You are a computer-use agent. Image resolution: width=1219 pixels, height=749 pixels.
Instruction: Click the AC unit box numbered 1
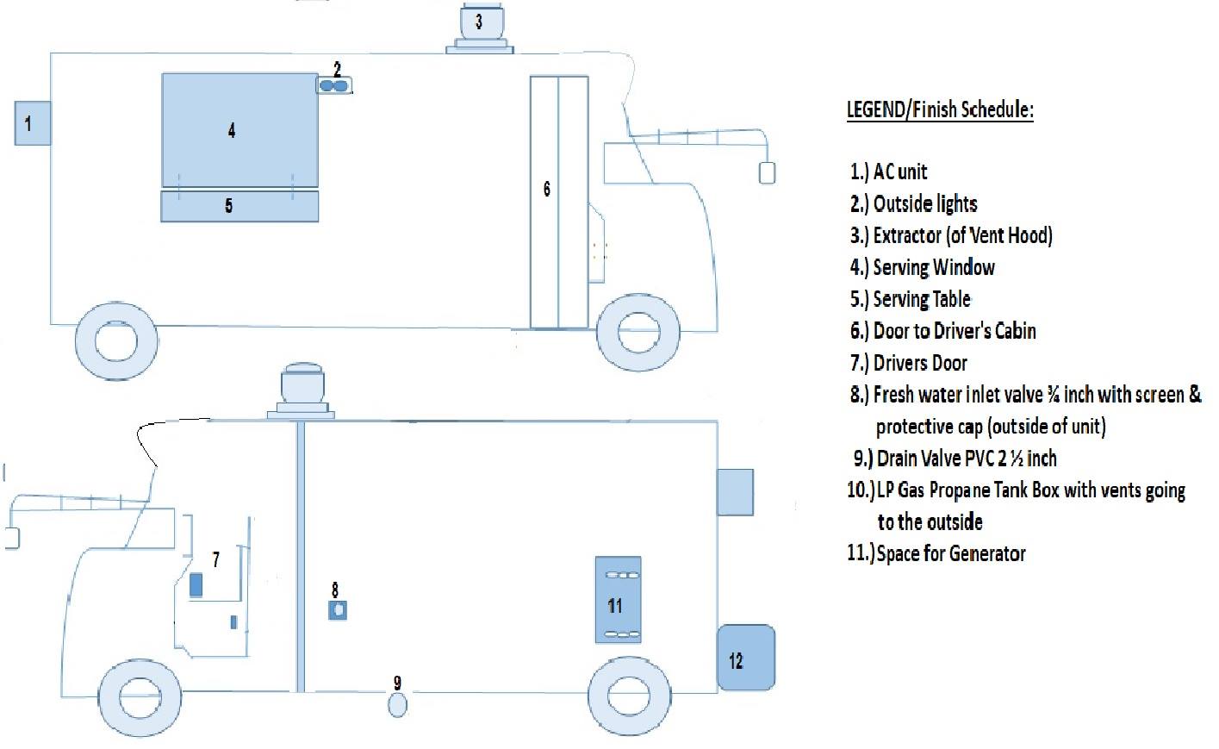(33, 123)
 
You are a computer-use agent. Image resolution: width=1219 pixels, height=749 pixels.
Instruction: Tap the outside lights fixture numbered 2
(333, 85)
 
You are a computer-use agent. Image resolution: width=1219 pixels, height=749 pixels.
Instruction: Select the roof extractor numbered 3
(480, 28)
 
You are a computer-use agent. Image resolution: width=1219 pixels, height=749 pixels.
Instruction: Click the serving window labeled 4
(240, 131)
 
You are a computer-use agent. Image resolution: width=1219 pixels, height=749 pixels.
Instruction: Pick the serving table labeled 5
(239, 206)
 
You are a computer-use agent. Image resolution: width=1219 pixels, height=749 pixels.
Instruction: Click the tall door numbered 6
(559, 203)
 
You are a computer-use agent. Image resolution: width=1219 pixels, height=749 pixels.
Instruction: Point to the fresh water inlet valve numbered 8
(338, 610)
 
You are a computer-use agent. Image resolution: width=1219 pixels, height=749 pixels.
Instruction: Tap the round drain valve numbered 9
(397, 705)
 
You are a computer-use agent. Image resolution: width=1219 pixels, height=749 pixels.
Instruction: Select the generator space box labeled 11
(618, 599)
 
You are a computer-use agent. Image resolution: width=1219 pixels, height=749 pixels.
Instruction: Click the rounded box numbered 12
(746, 658)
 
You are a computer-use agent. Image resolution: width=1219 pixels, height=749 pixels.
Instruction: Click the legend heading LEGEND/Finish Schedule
(940, 109)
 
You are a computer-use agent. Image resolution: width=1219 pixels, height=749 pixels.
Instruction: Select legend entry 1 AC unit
(889, 172)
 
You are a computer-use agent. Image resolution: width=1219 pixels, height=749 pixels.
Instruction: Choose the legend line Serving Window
(923, 267)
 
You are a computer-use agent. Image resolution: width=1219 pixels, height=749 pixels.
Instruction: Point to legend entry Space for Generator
(936, 553)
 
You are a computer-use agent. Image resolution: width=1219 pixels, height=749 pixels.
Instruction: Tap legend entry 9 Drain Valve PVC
(955, 459)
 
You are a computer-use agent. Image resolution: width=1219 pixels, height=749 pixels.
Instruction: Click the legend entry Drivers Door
(909, 363)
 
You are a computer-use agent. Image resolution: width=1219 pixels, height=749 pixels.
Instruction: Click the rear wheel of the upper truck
(116, 341)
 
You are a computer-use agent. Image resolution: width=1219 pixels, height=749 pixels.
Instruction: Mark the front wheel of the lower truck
(140, 698)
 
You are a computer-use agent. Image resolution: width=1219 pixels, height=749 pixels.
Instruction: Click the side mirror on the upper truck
(767, 172)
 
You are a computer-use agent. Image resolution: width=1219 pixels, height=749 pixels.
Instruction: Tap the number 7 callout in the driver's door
(216, 559)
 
